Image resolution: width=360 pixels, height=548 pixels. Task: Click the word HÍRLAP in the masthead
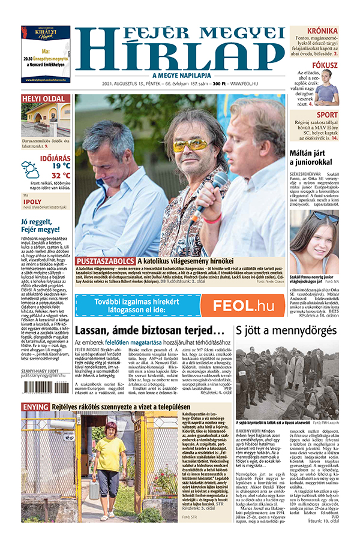(x=181, y=55)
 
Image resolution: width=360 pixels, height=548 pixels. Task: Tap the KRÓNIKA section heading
(x=322, y=31)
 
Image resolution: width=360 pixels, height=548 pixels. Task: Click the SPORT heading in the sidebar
(x=327, y=115)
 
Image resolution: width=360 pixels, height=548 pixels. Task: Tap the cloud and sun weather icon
(x=31, y=169)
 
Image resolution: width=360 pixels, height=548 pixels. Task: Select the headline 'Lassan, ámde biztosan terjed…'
(x=150, y=330)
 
